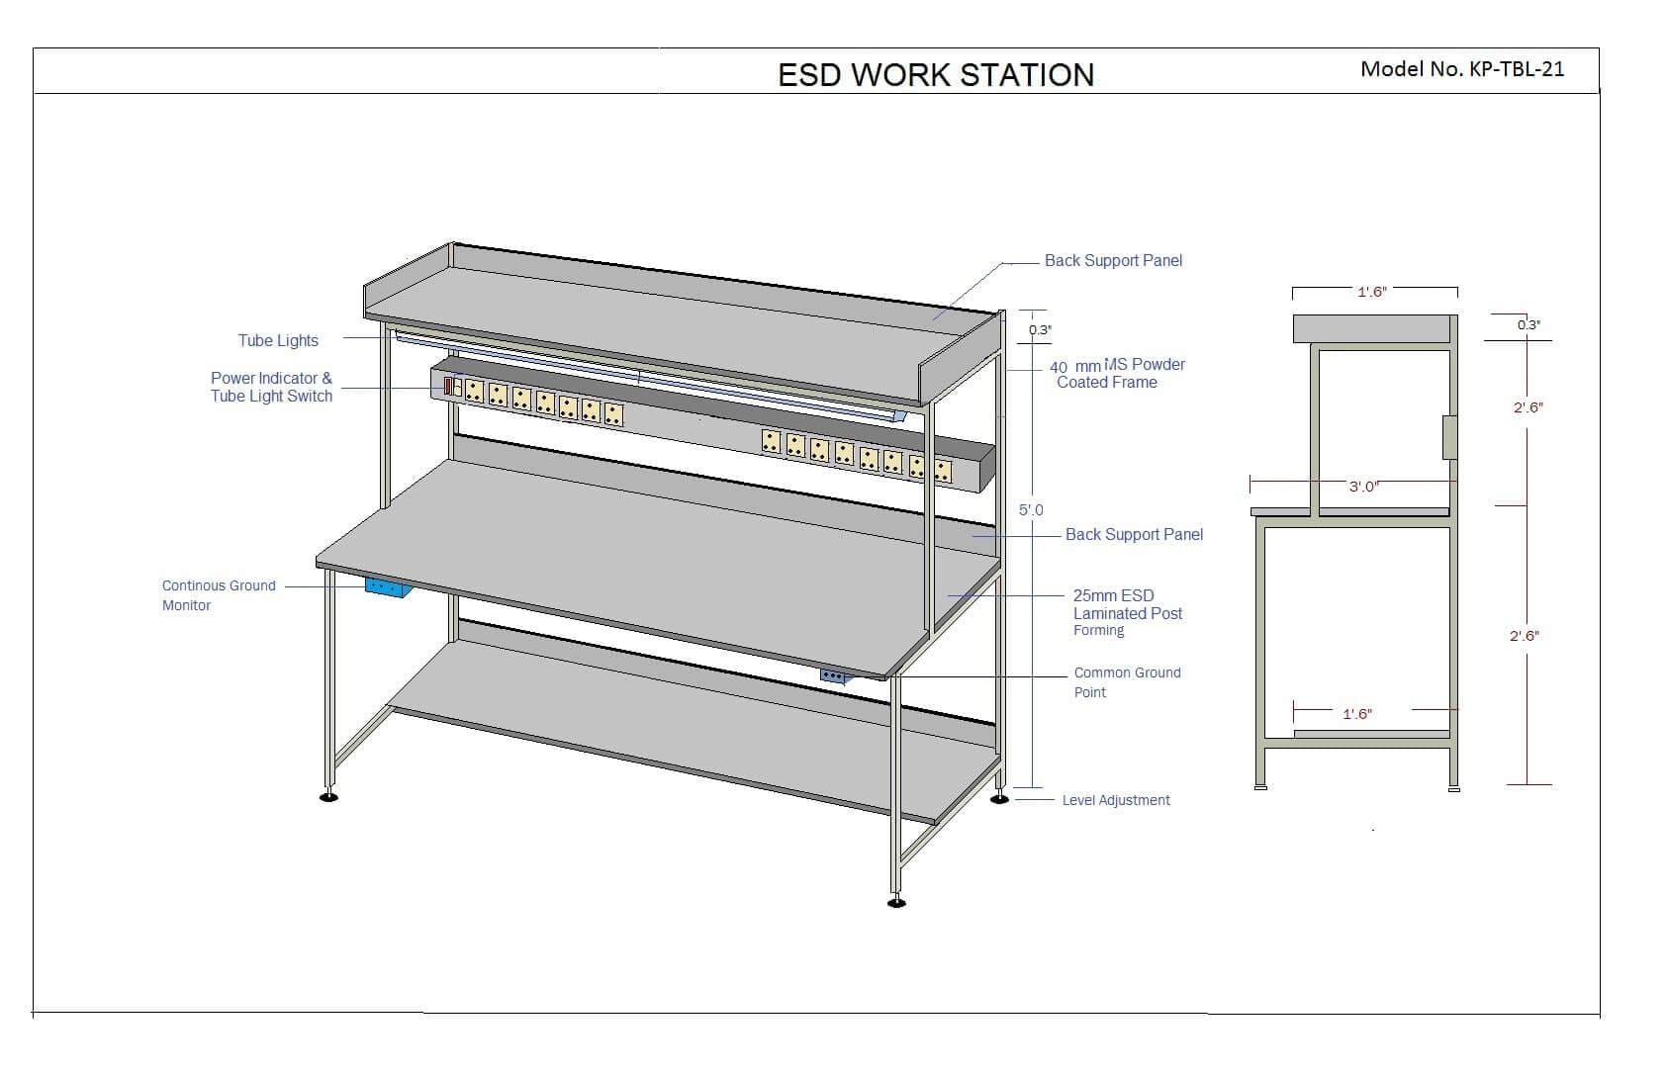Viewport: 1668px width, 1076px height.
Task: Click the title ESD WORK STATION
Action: [936, 75]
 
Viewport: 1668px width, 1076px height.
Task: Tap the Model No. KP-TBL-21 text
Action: [1462, 68]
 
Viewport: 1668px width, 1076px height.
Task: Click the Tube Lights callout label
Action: [278, 340]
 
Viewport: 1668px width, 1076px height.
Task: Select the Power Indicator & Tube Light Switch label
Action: [271, 387]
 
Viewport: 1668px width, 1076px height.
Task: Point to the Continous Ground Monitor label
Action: [219, 595]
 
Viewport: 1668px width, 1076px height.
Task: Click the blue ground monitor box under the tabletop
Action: [388, 587]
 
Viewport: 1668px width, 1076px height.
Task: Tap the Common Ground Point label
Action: [1127, 682]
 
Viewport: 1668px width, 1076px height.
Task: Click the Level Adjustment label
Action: [1116, 800]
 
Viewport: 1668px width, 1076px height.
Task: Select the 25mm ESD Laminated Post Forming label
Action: [1128, 613]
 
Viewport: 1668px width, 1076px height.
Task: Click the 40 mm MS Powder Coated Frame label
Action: [1117, 373]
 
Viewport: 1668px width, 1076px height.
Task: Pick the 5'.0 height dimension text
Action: [1031, 510]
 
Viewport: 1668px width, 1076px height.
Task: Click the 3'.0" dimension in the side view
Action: [1363, 487]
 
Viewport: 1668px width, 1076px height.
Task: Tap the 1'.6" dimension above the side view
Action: [1371, 292]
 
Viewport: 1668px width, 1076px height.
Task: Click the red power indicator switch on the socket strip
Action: [448, 386]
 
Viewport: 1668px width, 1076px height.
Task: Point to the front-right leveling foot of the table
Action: [896, 902]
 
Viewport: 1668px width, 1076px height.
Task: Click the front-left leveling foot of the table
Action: [329, 795]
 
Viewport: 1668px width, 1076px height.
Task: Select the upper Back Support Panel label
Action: [1113, 261]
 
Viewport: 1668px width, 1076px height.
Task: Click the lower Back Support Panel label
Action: [1134, 535]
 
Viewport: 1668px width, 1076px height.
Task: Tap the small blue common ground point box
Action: [834, 676]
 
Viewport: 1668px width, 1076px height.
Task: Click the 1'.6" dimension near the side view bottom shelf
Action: [1357, 714]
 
